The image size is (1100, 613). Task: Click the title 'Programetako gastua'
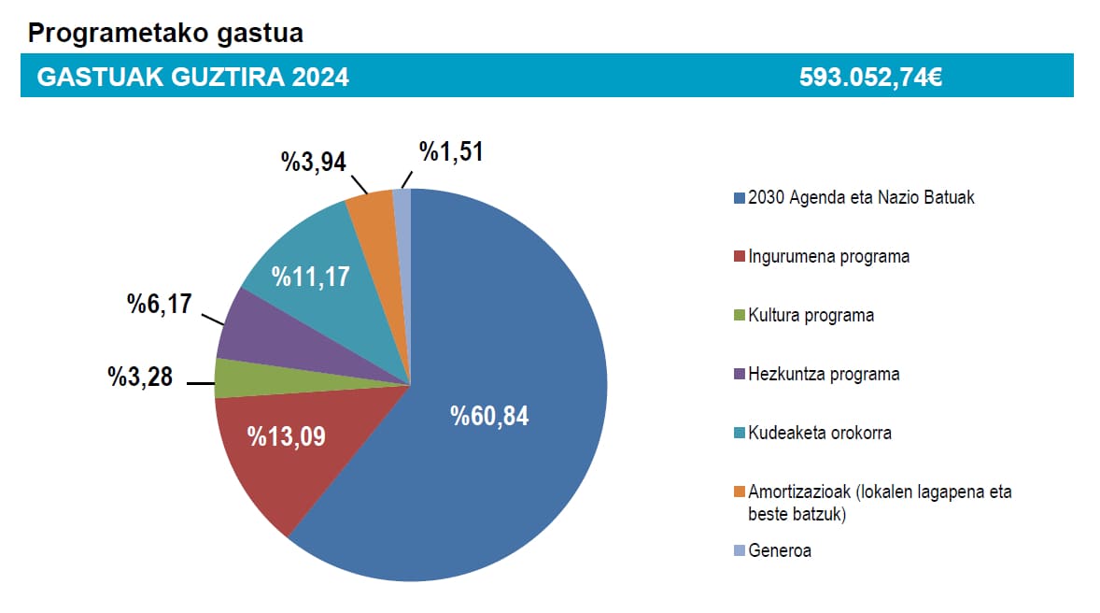(x=165, y=34)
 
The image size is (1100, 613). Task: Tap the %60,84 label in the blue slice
(x=489, y=417)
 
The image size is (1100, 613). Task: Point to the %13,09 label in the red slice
(x=286, y=435)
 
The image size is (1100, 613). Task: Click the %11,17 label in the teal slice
(x=310, y=278)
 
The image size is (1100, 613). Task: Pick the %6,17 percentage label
(x=159, y=304)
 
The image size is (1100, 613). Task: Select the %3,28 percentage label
(x=140, y=378)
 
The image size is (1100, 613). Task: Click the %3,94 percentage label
(x=314, y=162)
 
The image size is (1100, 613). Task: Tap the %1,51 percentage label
(x=451, y=151)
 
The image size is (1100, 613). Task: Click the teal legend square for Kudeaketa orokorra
(x=740, y=434)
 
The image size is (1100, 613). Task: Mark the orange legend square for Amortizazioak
(x=740, y=492)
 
